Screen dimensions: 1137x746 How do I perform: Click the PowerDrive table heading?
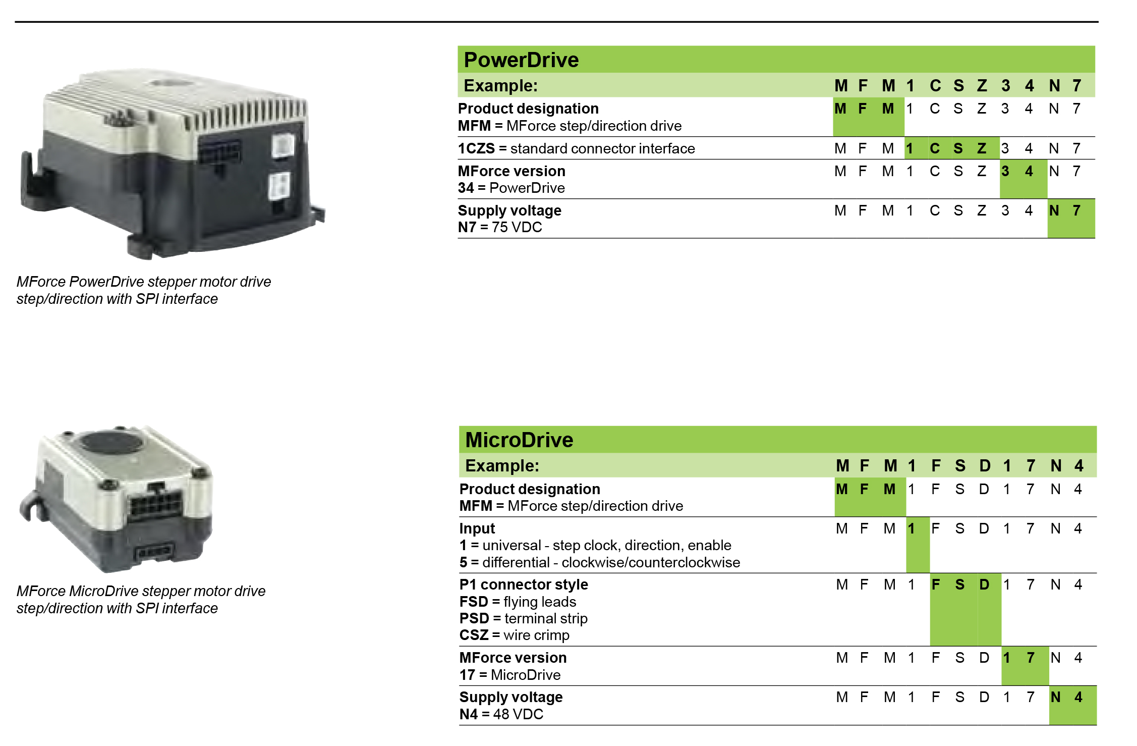pos(521,60)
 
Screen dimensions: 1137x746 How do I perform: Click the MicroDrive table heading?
pos(519,440)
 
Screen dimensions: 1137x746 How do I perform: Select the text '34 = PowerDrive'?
pos(511,188)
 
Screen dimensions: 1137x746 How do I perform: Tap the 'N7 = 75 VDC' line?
pos(500,228)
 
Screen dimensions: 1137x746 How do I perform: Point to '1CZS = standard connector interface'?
pos(576,149)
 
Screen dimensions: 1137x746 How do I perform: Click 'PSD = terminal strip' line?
pos(523,619)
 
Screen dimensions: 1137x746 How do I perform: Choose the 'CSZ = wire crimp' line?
pos(514,635)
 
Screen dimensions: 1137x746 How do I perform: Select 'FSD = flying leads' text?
pos(518,602)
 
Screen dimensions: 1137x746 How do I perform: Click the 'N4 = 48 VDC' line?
pos(501,715)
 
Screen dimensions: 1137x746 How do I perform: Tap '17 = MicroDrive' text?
pos(510,675)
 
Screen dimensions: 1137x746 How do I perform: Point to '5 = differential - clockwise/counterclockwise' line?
pos(600,563)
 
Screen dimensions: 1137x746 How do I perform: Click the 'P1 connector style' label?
pos(524,585)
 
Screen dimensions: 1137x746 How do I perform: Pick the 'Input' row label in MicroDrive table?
pos(477,529)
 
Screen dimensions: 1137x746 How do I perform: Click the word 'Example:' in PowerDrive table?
pos(500,86)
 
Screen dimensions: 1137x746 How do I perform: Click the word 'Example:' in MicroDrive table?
pos(502,466)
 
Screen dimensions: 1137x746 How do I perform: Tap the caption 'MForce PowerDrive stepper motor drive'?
pos(144,282)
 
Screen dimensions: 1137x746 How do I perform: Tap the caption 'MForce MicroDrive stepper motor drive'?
pos(141,591)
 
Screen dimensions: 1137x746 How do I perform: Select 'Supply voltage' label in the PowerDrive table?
pos(509,211)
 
